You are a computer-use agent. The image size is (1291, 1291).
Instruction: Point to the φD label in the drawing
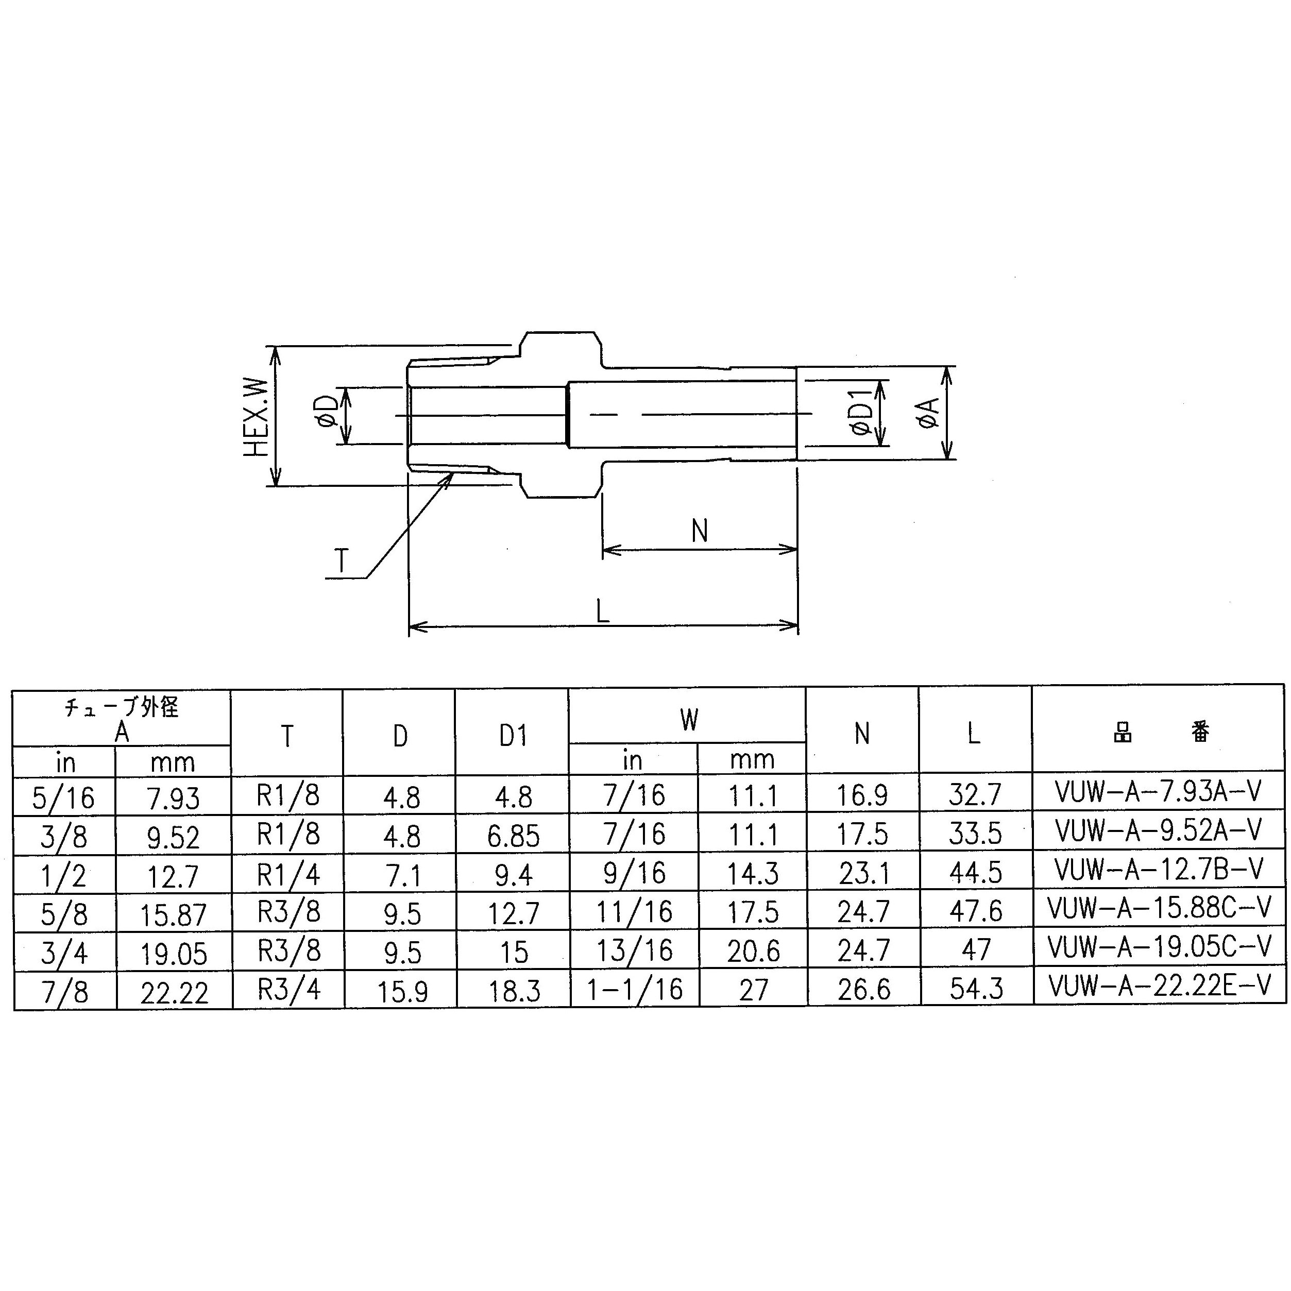[x=327, y=416]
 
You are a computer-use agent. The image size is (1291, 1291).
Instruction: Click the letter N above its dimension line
[x=699, y=531]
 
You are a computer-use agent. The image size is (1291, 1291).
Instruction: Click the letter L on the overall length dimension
[x=602, y=610]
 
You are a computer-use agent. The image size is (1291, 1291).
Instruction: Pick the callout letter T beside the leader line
[x=342, y=560]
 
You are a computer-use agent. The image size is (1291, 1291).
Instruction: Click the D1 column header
[x=513, y=736]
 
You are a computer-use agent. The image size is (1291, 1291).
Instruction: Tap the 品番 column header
[x=1160, y=733]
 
